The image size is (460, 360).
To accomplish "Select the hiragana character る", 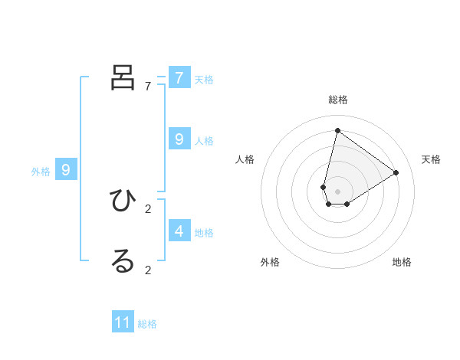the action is pos(123,260).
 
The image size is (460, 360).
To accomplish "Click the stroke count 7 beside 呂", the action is pos(148,87).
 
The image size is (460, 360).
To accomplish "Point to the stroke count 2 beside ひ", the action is pos(148,208).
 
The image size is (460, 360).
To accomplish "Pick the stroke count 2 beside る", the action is pos(148,270).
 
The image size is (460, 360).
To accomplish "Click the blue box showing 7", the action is pos(179,77).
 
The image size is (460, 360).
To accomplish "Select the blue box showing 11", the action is pos(123,322).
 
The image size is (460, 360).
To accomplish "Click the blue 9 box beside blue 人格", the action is pos(179,139).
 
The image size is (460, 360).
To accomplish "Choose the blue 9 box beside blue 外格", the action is pos(66,170).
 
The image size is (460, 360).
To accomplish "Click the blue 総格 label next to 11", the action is pos(147,324).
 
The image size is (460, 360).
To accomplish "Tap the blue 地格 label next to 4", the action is pos(204,232).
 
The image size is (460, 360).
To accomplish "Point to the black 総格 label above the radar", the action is pos(338,100).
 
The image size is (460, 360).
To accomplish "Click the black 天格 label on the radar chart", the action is pos(431,159).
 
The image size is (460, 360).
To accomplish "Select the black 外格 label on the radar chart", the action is pos(270,262).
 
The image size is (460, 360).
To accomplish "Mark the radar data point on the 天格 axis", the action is pos(396,172).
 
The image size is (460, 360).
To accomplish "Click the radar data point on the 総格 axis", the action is pos(337,130).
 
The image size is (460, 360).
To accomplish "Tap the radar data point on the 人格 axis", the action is pos(324,187).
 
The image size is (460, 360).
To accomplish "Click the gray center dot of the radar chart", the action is pos(337,191).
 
